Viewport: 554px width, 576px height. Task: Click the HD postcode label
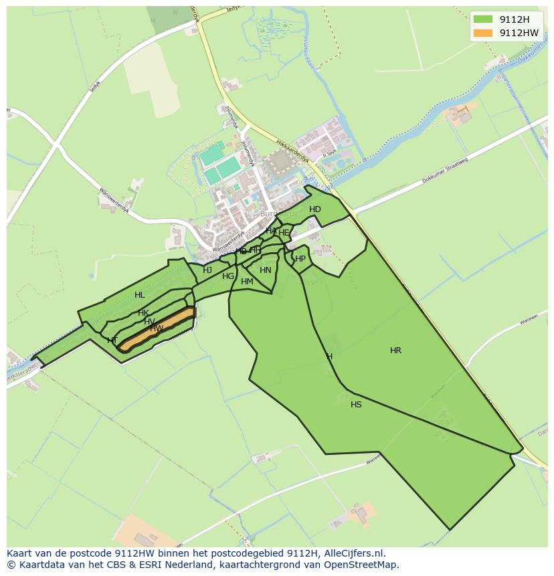[x=315, y=209]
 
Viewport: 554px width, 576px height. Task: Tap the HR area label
[x=395, y=351]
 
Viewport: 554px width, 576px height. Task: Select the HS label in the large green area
[x=356, y=405]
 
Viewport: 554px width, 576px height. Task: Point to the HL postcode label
[x=139, y=295]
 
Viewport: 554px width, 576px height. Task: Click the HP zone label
[x=300, y=259]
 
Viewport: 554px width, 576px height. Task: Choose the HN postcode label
[x=266, y=270]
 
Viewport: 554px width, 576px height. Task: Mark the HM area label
[x=247, y=282]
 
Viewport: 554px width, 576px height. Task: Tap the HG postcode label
[x=228, y=276]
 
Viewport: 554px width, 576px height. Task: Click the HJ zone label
[x=207, y=270]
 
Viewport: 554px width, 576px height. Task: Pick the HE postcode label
[x=284, y=233]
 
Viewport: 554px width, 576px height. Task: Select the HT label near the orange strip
[x=112, y=341]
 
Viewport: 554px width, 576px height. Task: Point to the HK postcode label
[x=143, y=313]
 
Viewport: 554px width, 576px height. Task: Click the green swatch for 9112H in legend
[x=482, y=19]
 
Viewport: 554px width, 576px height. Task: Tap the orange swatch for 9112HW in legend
[x=482, y=33]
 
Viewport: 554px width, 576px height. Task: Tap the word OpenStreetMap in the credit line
[x=364, y=565]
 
